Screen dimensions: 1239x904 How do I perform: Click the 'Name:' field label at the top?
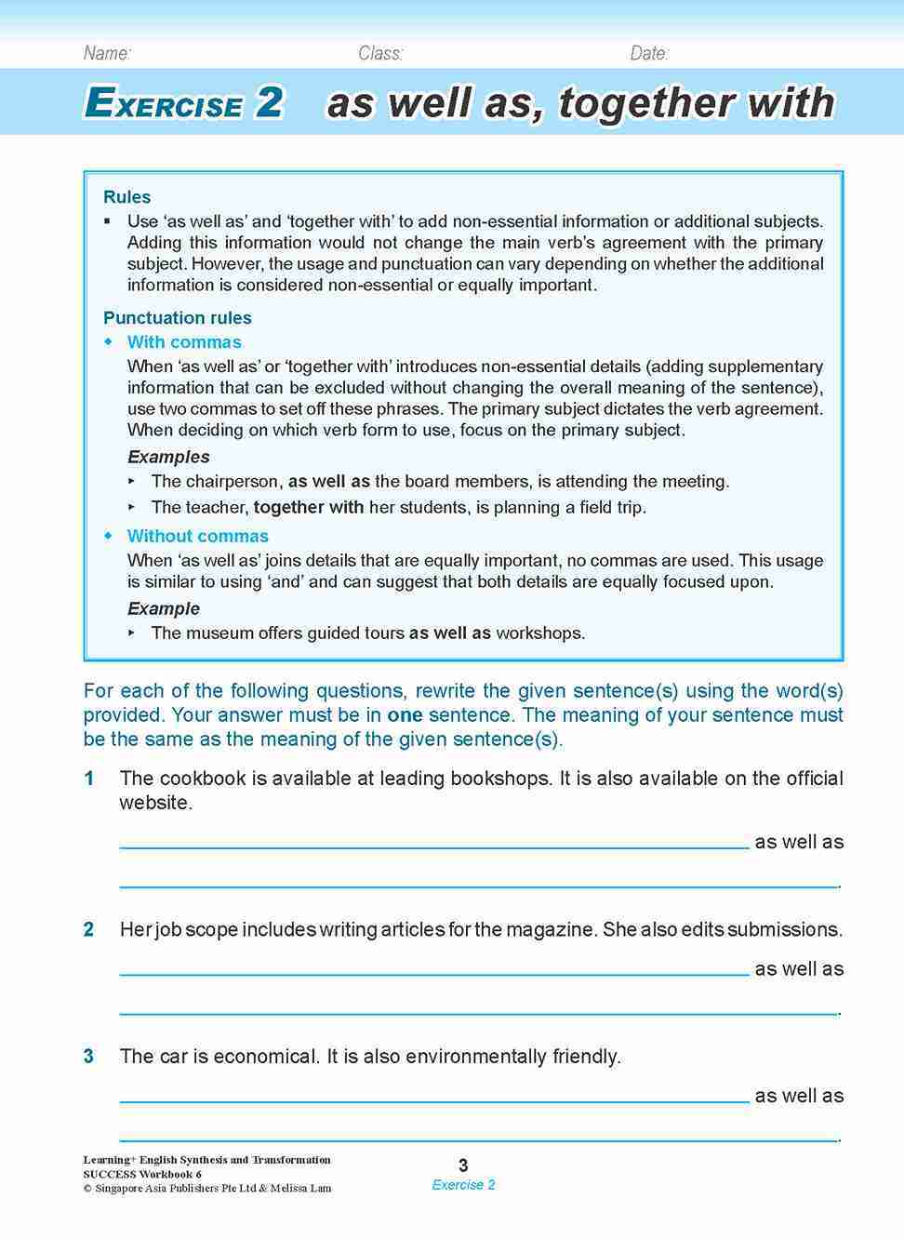[x=107, y=53]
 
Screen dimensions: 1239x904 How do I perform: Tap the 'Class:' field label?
[x=380, y=53]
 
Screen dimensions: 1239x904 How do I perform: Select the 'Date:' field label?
[x=649, y=53]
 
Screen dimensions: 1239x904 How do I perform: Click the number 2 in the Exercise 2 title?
[x=269, y=102]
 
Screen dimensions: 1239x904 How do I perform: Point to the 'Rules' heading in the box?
[x=126, y=197]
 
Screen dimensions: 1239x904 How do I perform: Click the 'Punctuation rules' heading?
[x=177, y=318]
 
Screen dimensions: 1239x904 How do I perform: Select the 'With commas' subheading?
[x=184, y=342]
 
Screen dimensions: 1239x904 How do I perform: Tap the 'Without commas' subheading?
[x=197, y=537]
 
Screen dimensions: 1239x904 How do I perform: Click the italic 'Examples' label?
[x=168, y=457]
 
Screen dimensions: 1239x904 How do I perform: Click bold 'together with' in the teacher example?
[x=309, y=508]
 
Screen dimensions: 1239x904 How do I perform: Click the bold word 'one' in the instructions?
[x=405, y=715]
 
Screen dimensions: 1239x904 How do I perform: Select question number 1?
[x=89, y=779]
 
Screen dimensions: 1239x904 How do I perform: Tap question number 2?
[x=89, y=929]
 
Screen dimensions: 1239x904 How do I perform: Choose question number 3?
[x=89, y=1057]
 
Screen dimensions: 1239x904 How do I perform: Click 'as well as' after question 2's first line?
[x=799, y=969]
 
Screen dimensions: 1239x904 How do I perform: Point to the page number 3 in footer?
[x=463, y=1166]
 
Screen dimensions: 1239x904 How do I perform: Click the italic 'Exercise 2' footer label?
[x=463, y=1185]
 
